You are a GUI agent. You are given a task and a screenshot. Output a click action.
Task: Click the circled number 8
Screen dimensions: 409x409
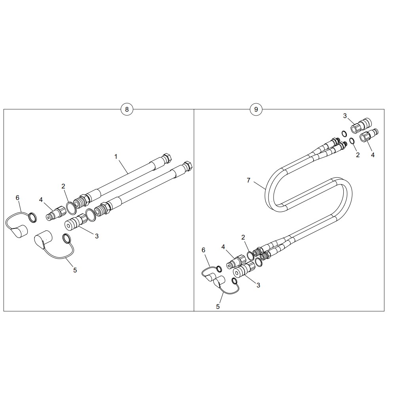pyautogui.click(x=127, y=109)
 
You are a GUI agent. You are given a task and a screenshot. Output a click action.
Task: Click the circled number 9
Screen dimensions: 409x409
pyautogui.click(x=256, y=109)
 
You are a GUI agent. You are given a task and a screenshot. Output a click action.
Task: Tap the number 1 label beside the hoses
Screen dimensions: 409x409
pyautogui.click(x=116, y=156)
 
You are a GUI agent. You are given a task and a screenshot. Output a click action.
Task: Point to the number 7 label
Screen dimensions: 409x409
pyautogui.click(x=248, y=180)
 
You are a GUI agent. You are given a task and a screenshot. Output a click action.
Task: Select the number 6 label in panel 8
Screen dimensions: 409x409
pyautogui.click(x=17, y=198)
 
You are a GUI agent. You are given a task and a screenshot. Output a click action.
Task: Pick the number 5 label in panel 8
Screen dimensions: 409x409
pyautogui.click(x=75, y=270)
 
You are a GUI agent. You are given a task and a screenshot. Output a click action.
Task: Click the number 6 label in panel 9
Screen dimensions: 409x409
pyautogui.click(x=204, y=250)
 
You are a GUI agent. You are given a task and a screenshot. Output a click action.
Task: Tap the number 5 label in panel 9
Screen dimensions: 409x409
pyautogui.click(x=218, y=307)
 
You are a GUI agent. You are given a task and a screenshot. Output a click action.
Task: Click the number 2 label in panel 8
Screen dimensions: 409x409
pyautogui.click(x=63, y=186)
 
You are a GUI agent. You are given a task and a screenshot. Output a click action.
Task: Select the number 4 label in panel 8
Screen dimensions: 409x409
pyautogui.click(x=41, y=200)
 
